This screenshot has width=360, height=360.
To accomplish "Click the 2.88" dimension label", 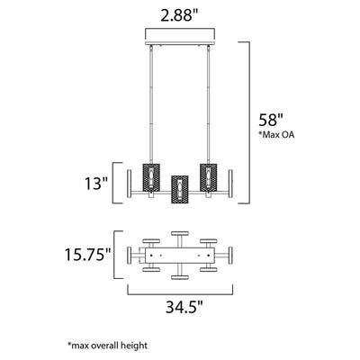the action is [180, 15].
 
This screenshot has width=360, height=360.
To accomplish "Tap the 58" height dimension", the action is [271, 121].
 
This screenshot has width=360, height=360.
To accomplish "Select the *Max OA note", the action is [276, 135].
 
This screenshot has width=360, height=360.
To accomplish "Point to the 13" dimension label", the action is [96, 184].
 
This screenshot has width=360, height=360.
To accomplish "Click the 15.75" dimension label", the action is [88, 255].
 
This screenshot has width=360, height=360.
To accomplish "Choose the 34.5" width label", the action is [184, 307].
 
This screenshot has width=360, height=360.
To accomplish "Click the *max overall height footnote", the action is [107, 346].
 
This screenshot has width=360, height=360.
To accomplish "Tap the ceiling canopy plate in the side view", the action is [180, 43].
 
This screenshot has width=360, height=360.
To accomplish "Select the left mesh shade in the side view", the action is [151, 177].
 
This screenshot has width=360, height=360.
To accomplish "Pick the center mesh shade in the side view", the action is [179, 190].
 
